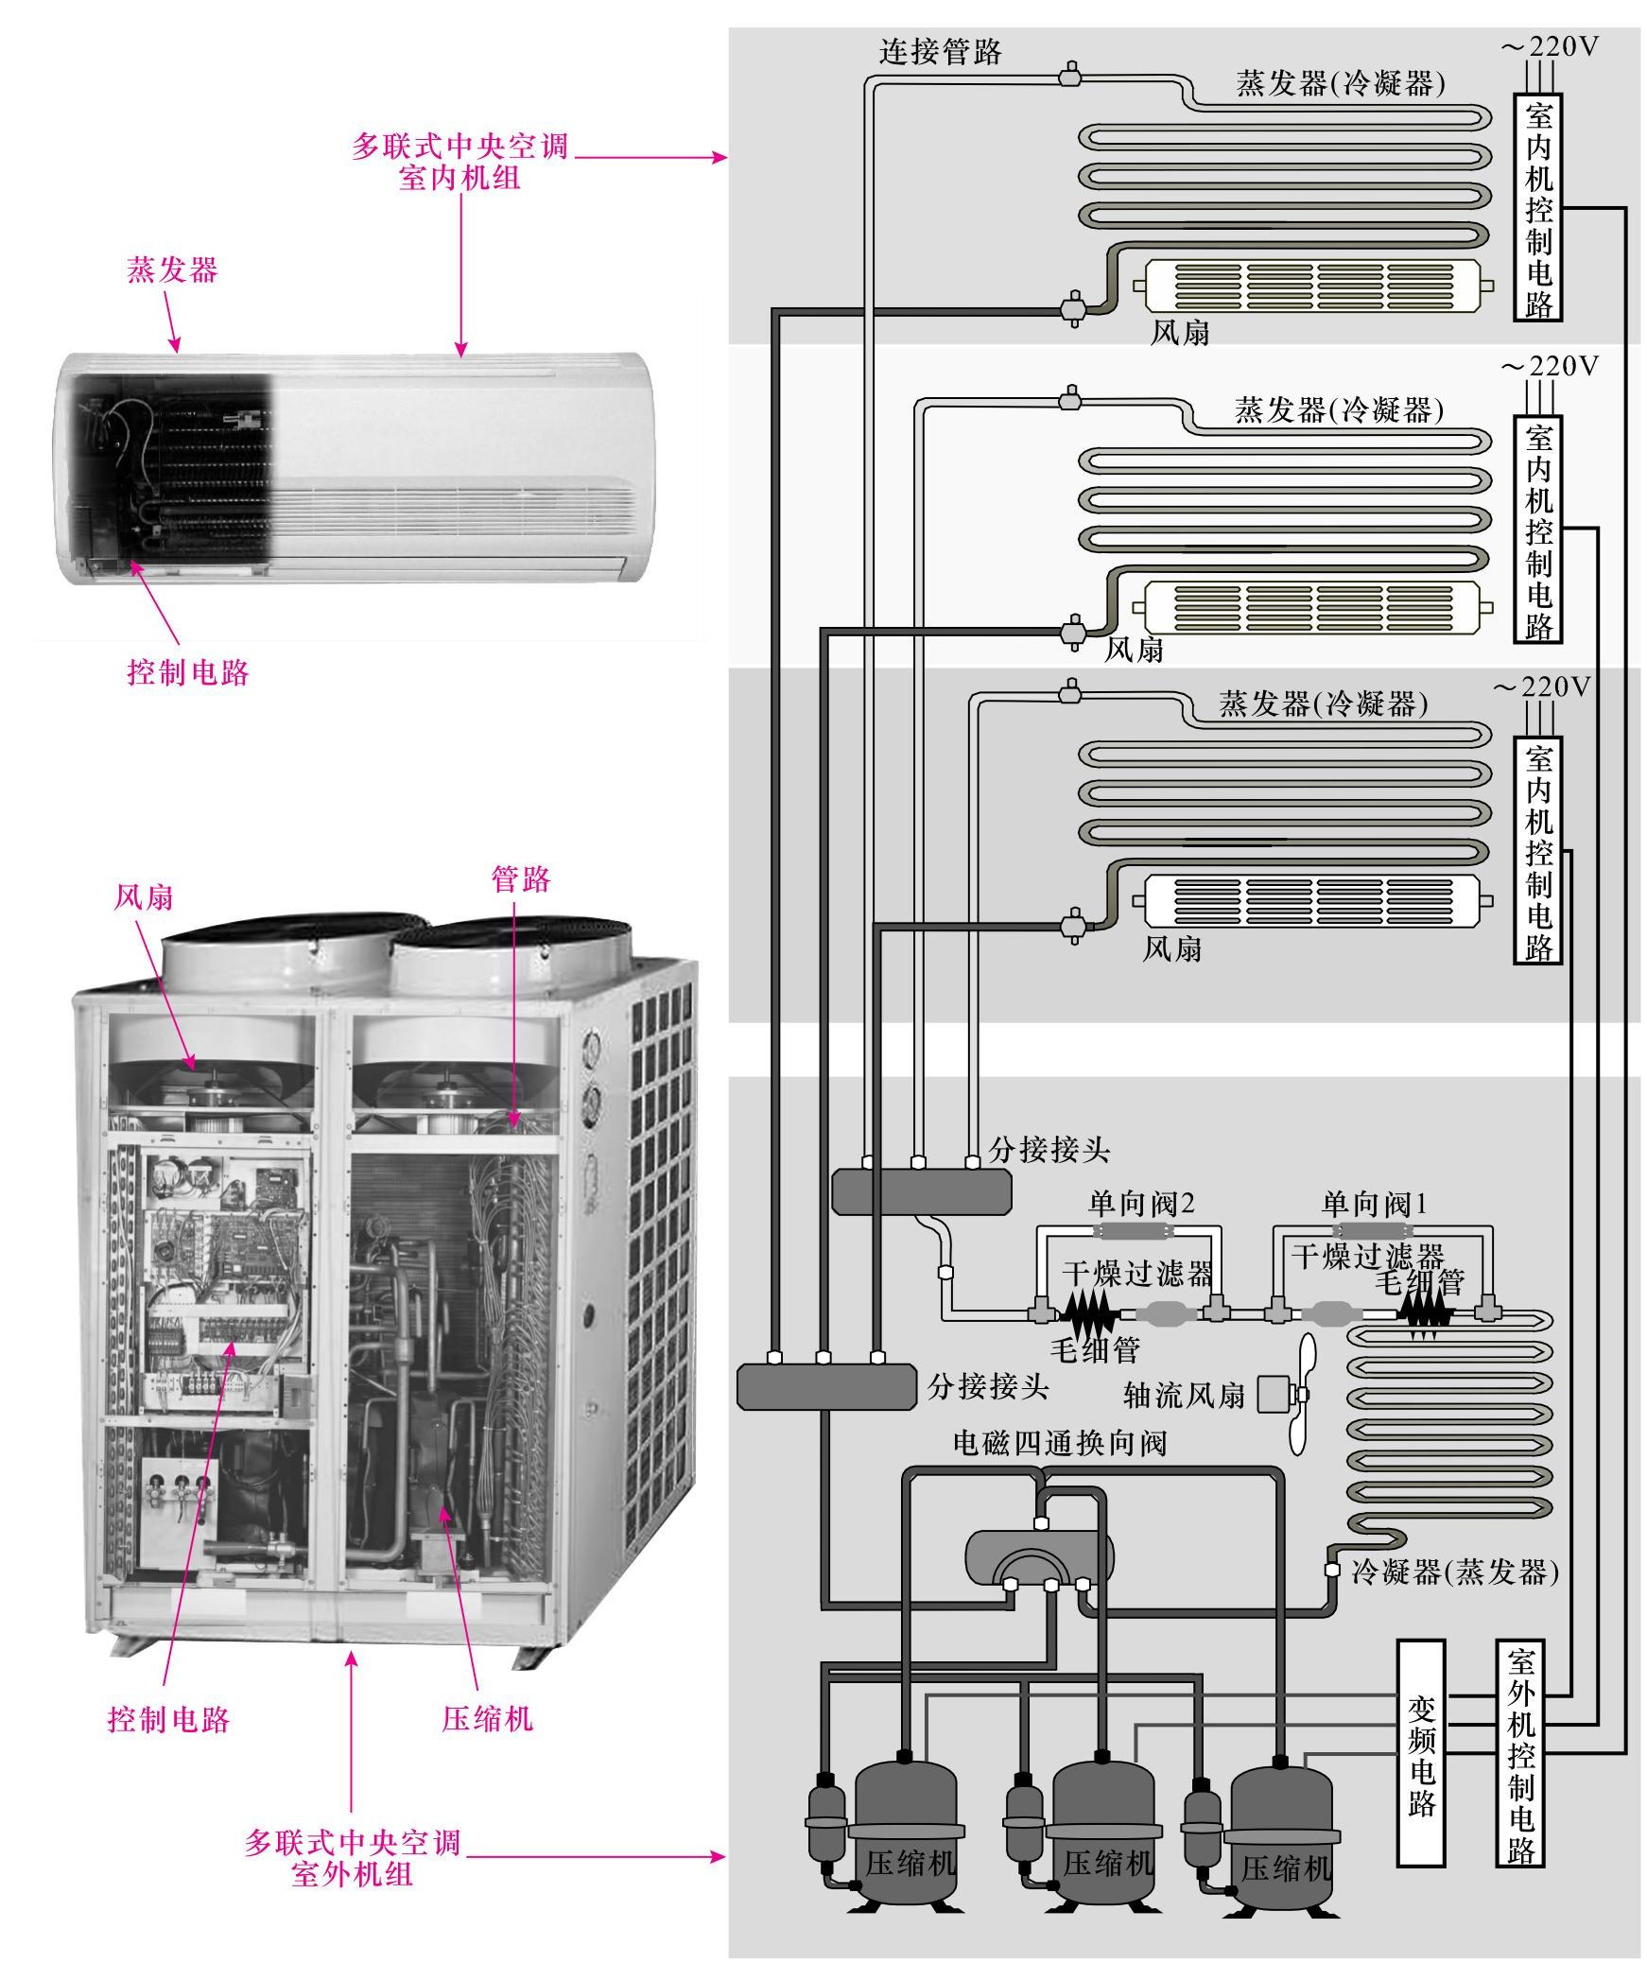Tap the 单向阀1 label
pyautogui.click(x=1373, y=1204)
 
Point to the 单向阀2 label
pyautogui.click(x=1141, y=1204)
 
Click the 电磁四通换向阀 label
pyautogui.click(x=1060, y=1444)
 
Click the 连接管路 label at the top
pyautogui.click(x=941, y=51)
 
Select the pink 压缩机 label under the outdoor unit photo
pyautogui.click(x=487, y=1718)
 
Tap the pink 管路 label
pyautogui.click(x=520, y=879)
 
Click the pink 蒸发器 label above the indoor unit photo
pyautogui.click(x=172, y=270)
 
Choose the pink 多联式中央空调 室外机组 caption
pyautogui.click(x=352, y=1856)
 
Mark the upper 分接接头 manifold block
pyautogui.click(x=921, y=1190)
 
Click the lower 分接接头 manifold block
pyautogui.click(x=826, y=1387)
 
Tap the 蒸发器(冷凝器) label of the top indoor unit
pyautogui.click(x=1341, y=84)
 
